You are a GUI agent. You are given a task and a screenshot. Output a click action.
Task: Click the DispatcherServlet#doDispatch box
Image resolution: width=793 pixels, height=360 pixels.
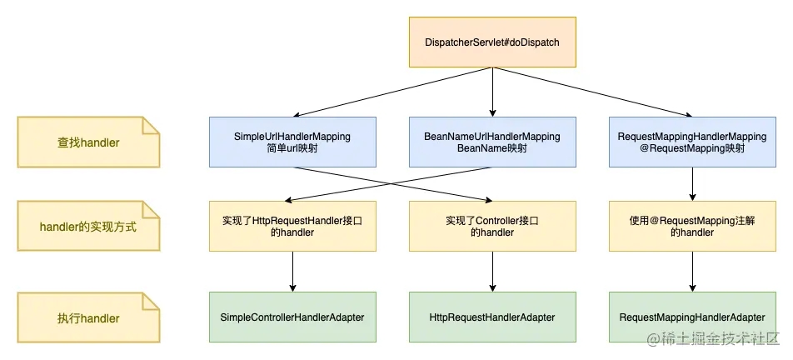tap(492, 42)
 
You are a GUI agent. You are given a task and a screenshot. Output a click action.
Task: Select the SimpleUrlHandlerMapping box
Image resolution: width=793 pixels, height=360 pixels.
tap(292, 142)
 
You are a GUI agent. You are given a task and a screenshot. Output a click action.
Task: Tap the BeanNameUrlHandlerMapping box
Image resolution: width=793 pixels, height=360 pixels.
tap(492, 142)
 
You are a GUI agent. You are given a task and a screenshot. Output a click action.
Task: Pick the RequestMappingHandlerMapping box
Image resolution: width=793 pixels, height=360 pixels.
tap(692, 142)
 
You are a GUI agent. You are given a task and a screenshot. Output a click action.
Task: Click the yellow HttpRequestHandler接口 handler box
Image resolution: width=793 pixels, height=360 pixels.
tap(292, 226)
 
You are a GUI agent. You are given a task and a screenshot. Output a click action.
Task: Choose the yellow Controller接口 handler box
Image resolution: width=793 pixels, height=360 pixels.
tap(492, 226)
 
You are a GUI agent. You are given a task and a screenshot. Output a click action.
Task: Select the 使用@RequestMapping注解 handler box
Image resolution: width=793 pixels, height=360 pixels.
tap(692, 226)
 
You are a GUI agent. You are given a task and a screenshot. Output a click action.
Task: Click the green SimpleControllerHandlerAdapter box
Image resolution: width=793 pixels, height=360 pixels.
tap(292, 317)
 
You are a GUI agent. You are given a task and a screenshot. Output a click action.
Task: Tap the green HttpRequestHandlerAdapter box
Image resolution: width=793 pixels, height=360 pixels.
tap(492, 317)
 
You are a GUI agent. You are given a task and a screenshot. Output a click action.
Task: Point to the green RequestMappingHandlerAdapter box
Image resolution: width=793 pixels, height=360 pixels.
tap(692, 317)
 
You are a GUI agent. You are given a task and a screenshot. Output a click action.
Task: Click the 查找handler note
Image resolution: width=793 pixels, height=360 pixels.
tap(88, 142)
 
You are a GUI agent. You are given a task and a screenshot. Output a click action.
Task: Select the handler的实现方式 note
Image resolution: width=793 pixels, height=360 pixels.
tap(88, 226)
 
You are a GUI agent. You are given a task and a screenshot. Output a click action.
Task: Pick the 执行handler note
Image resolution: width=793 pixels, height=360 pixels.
tap(88, 317)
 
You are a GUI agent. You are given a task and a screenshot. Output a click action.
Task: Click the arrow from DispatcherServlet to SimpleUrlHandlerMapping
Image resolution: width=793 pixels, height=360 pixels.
tap(392, 92)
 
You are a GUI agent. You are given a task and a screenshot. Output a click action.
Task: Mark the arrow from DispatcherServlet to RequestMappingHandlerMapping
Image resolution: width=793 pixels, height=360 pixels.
tap(592, 92)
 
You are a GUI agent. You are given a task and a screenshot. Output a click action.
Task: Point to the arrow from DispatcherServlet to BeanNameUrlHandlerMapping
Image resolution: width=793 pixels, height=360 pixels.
tap(492, 92)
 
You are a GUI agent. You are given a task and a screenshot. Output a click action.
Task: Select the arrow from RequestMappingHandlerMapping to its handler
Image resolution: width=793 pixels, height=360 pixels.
tap(692, 184)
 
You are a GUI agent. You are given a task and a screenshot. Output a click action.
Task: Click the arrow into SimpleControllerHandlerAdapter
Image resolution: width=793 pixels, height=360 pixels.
tap(292, 272)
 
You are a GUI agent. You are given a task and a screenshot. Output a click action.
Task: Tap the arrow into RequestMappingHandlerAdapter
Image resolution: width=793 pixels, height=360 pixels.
tap(692, 272)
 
